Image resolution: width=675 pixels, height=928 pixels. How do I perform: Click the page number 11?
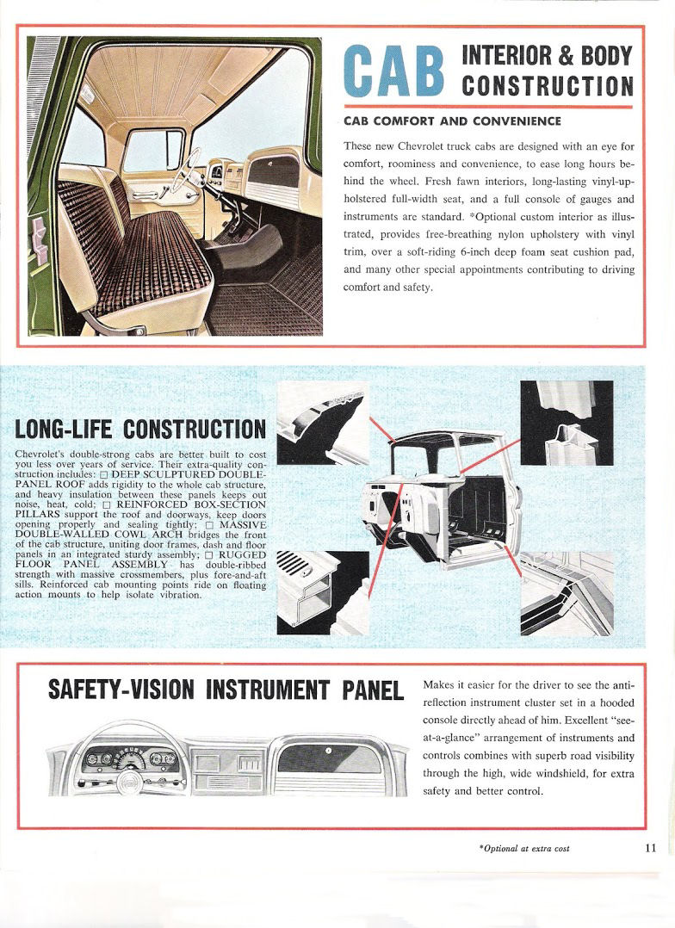pos(650,847)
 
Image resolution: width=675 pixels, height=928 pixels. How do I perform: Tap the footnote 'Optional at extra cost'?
pos(524,849)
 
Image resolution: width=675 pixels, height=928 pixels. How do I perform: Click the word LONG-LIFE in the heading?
pos(67,429)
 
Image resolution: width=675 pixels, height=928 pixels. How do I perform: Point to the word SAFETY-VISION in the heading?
pos(127,690)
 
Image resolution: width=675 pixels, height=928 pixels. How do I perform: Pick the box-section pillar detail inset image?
pos(567,423)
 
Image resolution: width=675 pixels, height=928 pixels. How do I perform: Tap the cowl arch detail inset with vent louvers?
pos(310,592)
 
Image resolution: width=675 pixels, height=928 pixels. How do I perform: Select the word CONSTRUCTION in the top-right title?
pos(548,85)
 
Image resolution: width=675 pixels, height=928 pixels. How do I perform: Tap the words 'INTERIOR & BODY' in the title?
pos(548,55)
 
